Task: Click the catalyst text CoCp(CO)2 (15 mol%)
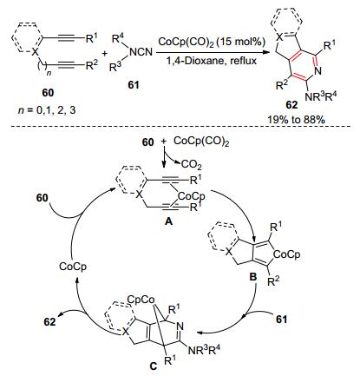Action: tap(212, 43)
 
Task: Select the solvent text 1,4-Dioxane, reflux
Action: tap(212, 61)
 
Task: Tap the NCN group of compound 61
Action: tap(141, 52)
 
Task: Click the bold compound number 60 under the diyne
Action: tap(48, 93)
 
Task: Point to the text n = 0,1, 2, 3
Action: tap(47, 110)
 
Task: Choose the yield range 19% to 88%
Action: tap(296, 120)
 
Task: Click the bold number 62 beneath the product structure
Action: tap(291, 105)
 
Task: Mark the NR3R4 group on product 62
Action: tap(321, 96)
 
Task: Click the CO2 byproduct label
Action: tap(191, 165)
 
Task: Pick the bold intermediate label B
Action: tap(252, 276)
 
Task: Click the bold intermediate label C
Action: tap(153, 366)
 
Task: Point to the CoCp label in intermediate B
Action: tap(286, 254)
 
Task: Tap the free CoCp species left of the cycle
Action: tap(73, 267)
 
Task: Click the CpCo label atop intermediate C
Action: tap(141, 300)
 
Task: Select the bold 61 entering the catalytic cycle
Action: tap(281, 320)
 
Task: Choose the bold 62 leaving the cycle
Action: tap(49, 321)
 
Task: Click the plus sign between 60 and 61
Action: tap(105, 54)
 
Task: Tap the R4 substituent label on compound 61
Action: tap(116, 38)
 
